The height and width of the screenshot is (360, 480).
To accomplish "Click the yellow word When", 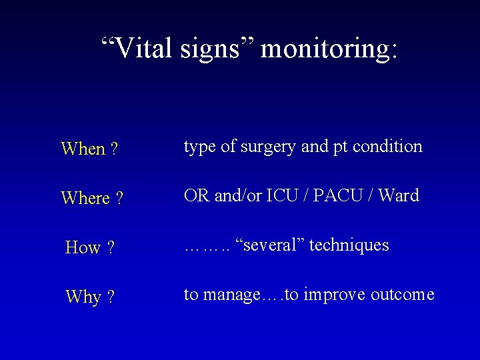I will coord(83,149).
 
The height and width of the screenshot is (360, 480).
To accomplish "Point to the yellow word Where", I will coord(85,199).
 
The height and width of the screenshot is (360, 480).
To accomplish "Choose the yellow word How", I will coord(83,248).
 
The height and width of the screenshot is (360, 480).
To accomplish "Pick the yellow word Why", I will coord(83,297).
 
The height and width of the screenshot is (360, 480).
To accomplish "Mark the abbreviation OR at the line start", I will coord(195,196).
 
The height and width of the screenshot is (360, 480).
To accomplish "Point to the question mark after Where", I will coord(119,199).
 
